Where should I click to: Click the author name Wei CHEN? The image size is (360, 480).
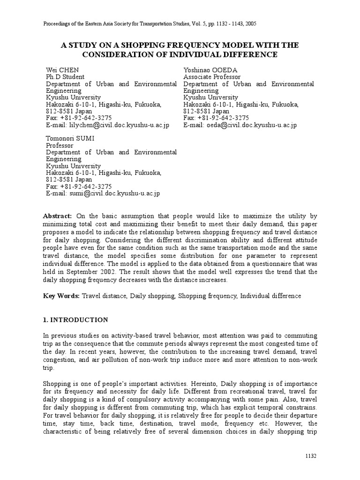(62, 70)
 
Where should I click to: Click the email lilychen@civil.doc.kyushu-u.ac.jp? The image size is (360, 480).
(120, 125)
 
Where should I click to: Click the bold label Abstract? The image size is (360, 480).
(58, 216)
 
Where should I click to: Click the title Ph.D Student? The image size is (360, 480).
(65, 77)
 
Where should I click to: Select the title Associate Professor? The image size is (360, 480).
(212, 77)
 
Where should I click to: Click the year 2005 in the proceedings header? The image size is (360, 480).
(249, 23)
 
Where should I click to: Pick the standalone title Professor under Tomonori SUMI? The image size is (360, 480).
(60, 145)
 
